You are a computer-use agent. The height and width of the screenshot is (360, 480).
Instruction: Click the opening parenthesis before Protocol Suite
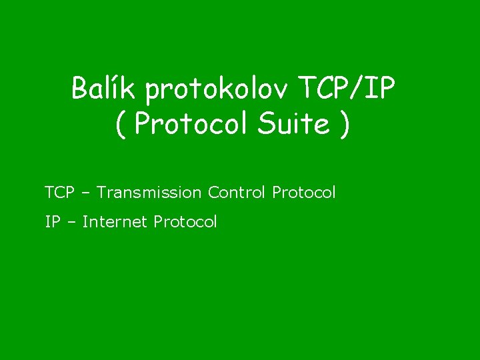pos(120,124)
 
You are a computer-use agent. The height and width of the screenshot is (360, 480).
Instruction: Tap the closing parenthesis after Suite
pos(343,124)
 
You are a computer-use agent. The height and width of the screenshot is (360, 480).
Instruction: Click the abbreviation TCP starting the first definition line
pos(58,193)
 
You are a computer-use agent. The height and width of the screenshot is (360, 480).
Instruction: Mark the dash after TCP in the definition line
pos(84,193)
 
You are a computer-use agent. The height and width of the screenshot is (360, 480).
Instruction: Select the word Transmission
pos(149,193)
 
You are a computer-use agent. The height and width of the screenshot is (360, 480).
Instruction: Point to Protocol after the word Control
pos(304,193)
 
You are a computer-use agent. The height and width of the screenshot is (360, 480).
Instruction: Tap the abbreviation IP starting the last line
pos(52,221)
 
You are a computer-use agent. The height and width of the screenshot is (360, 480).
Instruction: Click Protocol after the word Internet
pos(185,221)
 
